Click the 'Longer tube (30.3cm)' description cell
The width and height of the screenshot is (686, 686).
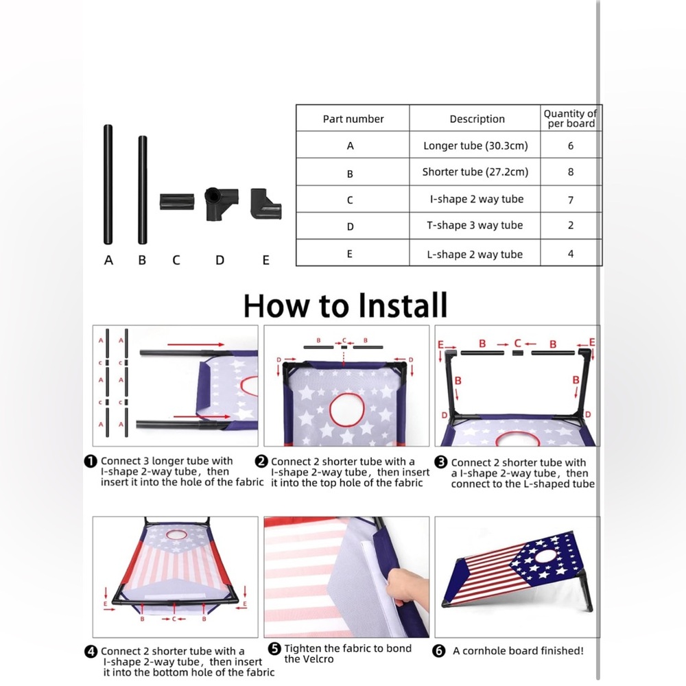tap(475, 145)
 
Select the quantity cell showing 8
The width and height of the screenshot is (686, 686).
tap(571, 172)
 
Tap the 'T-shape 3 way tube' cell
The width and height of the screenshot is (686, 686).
tap(475, 225)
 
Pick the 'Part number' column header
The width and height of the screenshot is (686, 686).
tap(353, 119)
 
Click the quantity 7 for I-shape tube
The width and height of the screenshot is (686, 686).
tap(571, 200)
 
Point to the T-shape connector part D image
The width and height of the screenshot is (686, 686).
tap(222, 204)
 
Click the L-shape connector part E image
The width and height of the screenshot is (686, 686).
tap(265, 204)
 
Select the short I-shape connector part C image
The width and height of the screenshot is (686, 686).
tap(177, 202)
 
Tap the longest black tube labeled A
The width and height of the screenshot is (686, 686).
tap(108, 184)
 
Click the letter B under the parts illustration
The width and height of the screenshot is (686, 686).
tap(142, 260)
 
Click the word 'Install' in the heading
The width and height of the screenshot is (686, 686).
tap(403, 305)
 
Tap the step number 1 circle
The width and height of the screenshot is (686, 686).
tap(90, 461)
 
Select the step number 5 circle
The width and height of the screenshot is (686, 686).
tap(274, 648)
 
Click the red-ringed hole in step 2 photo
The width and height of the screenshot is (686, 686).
tap(346, 410)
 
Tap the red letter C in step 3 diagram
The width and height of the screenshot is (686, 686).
tap(517, 344)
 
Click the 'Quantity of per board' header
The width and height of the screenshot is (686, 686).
tap(571, 119)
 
